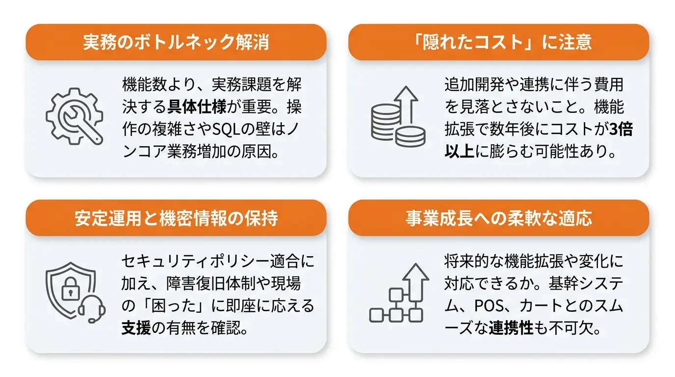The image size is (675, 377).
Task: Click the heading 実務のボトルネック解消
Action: pyautogui.click(x=176, y=42)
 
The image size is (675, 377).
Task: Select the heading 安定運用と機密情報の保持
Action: pyautogui.click(x=176, y=218)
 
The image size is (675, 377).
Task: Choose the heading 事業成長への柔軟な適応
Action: pyautogui.click(x=499, y=218)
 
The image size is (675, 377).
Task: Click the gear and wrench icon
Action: pyautogui.click(x=75, y=116)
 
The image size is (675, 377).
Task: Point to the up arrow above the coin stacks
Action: pyautogui.click(x=406, y=104)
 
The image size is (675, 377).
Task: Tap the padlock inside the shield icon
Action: pyautogui.click(x=71, y=289)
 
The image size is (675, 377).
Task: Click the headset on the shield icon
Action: pyautogui.click(x=92, y=309)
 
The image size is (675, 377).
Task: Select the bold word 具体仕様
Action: pyautogui.click(x=197, y=107)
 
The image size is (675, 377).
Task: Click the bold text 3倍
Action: pyautogui.click(x=621, y=129)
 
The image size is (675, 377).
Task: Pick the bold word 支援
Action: pyautogui.click(x=136, y=328)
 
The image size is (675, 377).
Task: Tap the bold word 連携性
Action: pyautogui.click(x=511, y=328)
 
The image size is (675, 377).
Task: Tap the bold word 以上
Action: pyautogui.click(x=460, y=151)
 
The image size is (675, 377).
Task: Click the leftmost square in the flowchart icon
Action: pyautogui.click(x=376, y=316)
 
